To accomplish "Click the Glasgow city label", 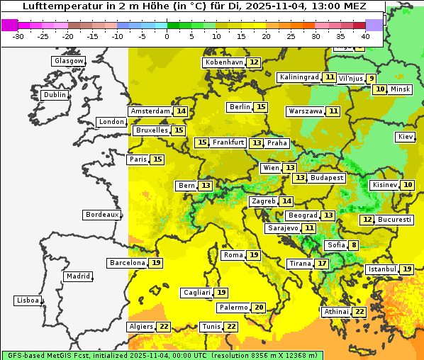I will (69, 61).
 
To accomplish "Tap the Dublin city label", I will (54, 95).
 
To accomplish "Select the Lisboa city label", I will (28, 300).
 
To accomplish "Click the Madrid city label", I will (77, 276).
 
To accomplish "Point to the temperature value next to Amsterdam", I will (181, 111).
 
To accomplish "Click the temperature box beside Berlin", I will (261, 107).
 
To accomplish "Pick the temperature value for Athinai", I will (359, 312).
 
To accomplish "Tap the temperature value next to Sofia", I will (353, 245).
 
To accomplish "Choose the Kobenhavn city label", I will (224, 62).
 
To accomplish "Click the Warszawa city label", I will (305, 111).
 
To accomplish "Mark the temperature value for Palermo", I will (259, 308).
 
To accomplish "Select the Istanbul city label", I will (382, 270).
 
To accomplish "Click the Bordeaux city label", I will (101, 215).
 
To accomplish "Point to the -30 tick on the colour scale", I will (18, 35).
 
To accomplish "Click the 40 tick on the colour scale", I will (365, 35).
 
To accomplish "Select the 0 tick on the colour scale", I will (167, 35).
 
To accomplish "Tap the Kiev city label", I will (406, 137).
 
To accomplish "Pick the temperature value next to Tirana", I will (322, 264).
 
